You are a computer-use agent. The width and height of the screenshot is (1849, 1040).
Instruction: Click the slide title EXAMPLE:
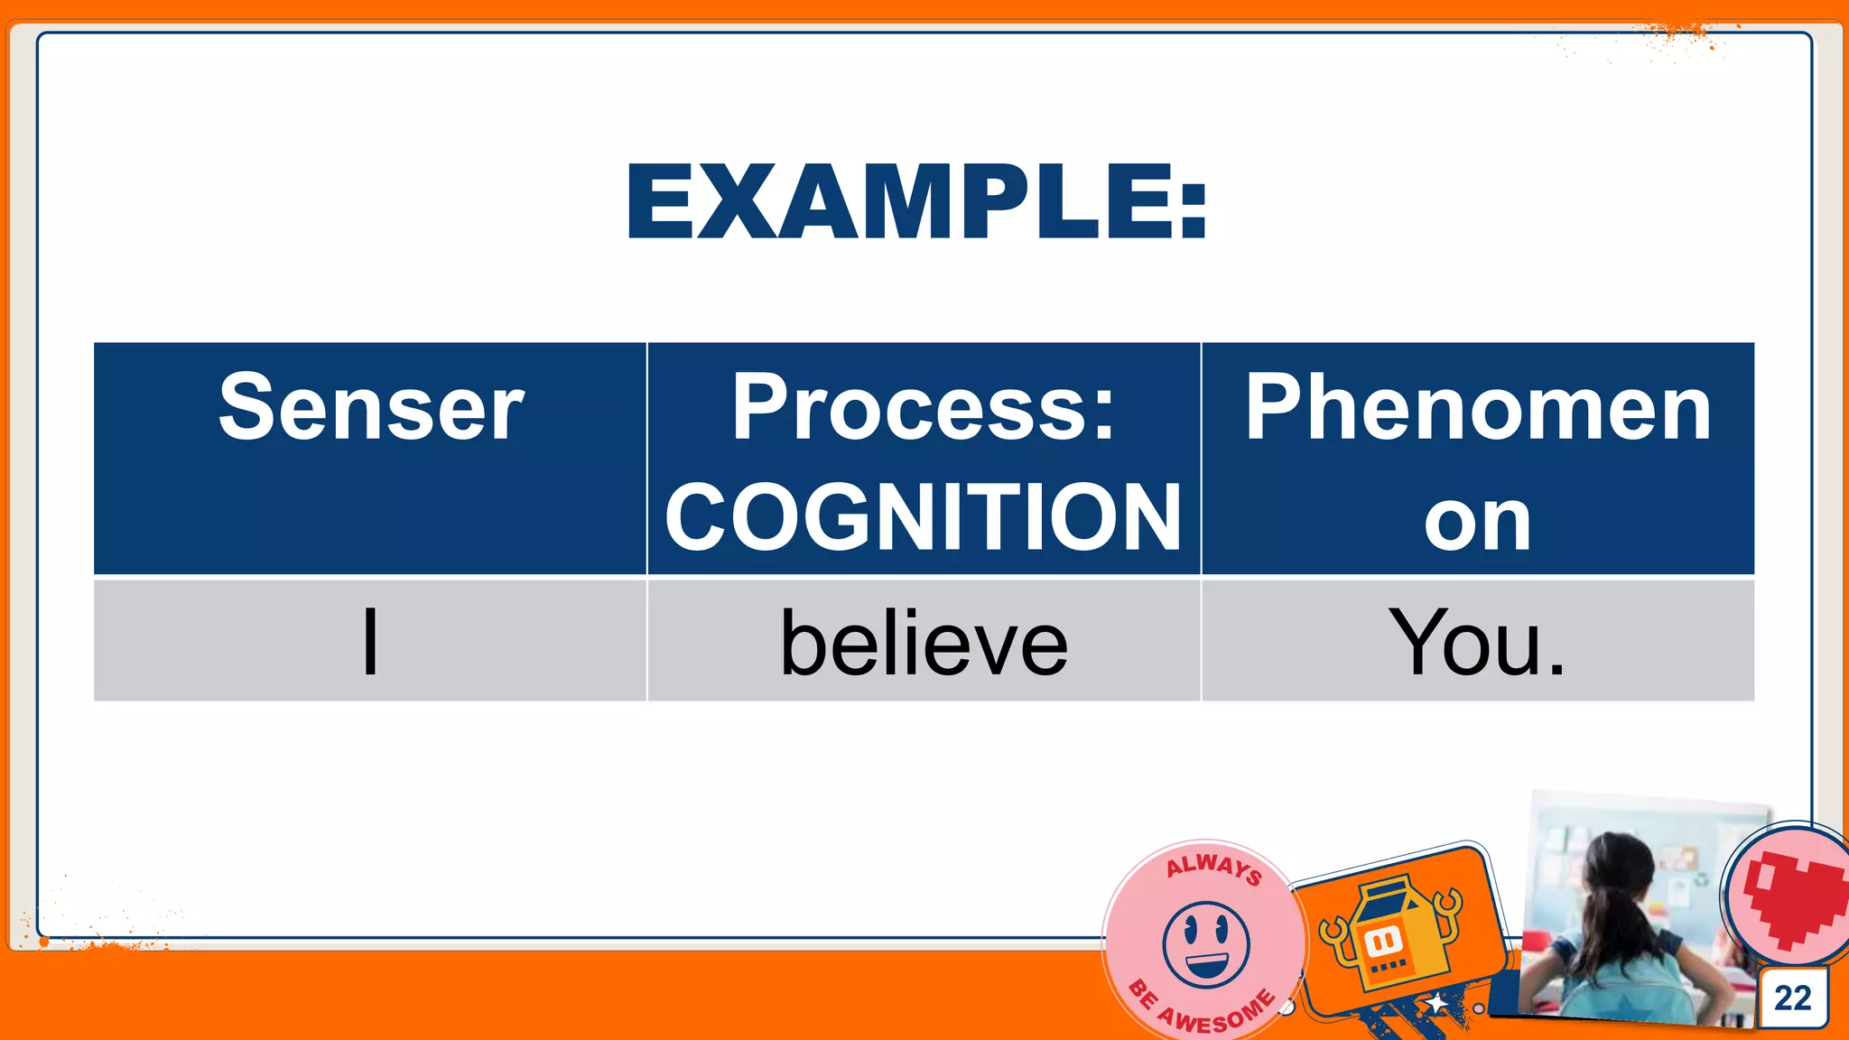click(x=916, y=202)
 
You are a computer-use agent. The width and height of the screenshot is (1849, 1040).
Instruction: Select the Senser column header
click(x=370, y=408)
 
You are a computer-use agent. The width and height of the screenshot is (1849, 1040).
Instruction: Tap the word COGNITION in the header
click(x=924, y=517)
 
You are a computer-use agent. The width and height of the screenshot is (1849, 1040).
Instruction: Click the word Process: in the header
click(x=924, y=408)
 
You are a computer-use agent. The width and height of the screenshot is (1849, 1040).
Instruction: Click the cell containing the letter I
click(x=370, y=642)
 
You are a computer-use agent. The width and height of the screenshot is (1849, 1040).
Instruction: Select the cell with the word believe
click(x=924, y=642)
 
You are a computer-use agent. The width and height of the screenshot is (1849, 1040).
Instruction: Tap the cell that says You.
click(x=1477, y=642)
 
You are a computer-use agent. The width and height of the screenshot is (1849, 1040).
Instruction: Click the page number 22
click(x=1792, y=998)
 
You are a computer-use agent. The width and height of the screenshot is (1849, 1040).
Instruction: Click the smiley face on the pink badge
click(x=1206, y=943)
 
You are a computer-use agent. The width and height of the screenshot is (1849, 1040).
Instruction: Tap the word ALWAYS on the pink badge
click(x=1213, y=868)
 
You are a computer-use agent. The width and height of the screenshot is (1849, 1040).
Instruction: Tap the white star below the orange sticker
click(x=1436, y=1003)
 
